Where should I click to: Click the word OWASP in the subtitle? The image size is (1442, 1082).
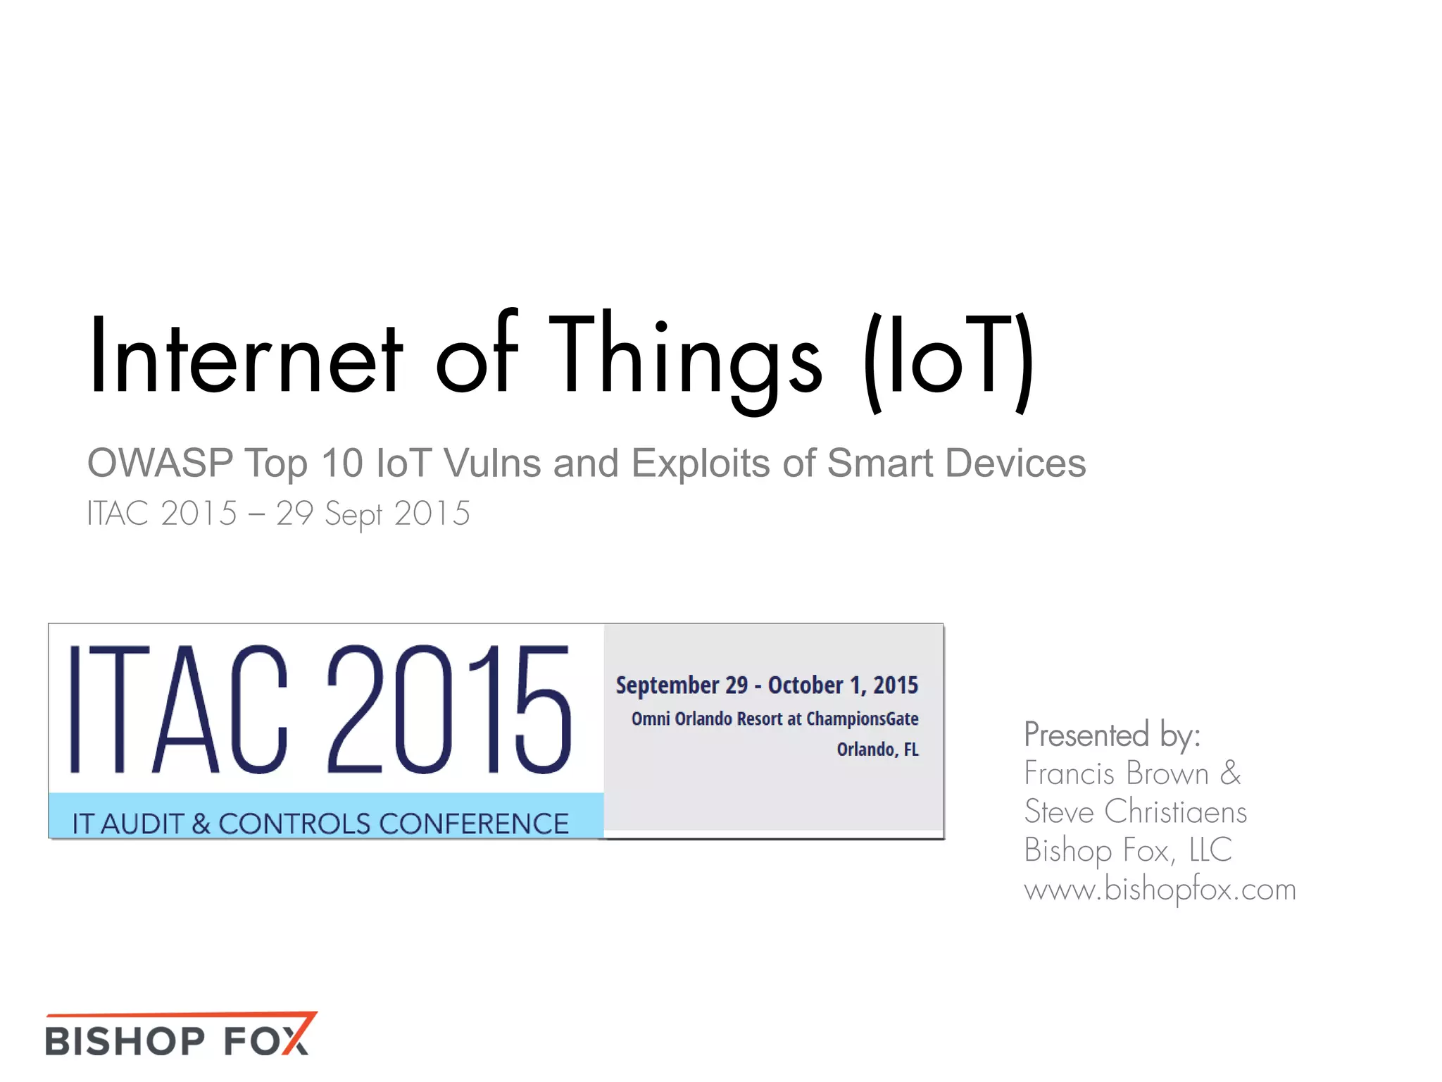coord(160,464)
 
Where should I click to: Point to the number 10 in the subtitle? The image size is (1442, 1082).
coord(342,464)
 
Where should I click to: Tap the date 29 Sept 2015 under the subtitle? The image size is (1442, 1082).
coord(372,514)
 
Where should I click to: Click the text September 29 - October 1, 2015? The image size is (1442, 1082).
coord(767,685)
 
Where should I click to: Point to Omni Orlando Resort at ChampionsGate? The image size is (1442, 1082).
coord(775,719)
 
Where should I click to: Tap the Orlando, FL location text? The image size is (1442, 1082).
coord(877,749)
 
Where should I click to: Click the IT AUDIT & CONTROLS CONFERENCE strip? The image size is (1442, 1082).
coord(320,823)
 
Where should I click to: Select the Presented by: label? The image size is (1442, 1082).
coord(1112,735)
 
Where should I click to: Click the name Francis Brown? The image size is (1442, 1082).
coord(1117,773)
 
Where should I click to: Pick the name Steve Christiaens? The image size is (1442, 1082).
coord(1135,811)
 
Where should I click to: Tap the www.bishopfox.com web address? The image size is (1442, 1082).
coord(1160,889)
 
